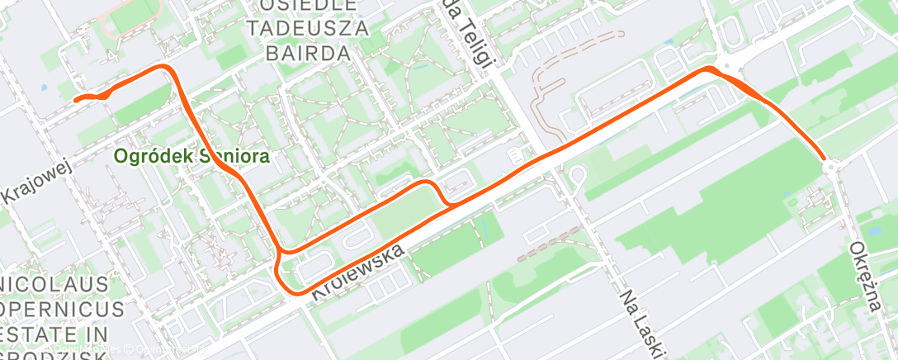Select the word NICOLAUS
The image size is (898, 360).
pos(54,286)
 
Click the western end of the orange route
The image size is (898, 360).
pos(76,100)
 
